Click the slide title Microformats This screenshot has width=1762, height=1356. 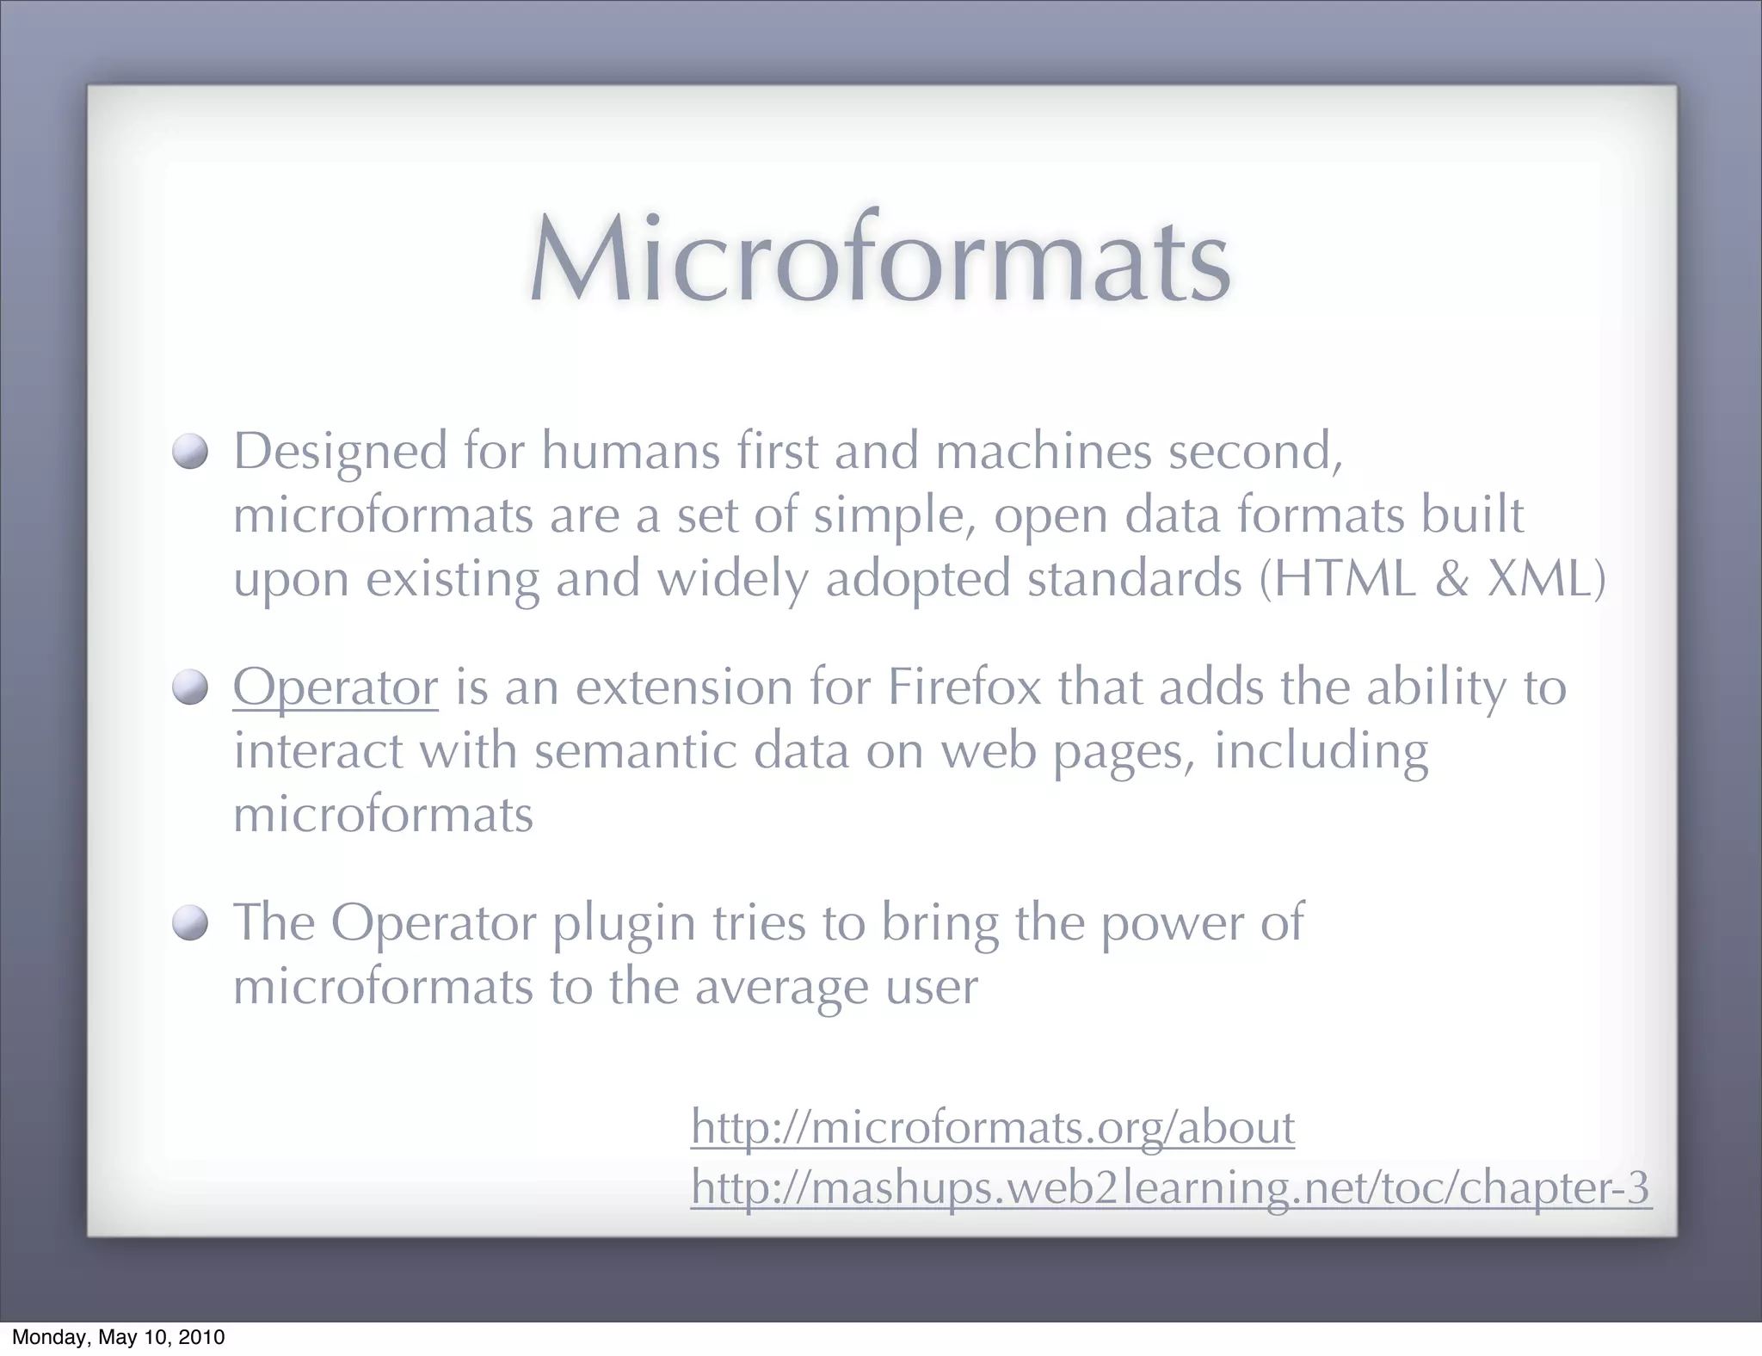[879, 261]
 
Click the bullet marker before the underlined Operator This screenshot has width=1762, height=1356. [190, 687]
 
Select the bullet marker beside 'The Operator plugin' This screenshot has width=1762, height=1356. [190, 923]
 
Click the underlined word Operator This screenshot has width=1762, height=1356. [336, 687]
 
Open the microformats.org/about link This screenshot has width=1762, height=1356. [992, 1127]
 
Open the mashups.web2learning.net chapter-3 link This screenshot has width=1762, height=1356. [1170, 1187]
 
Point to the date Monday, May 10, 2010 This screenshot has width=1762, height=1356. [118, 1337]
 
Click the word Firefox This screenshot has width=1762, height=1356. [964, 687]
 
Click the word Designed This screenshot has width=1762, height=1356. [341, 453]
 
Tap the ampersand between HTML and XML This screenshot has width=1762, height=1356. [1452, 578]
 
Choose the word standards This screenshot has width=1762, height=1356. [1135, 578]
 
